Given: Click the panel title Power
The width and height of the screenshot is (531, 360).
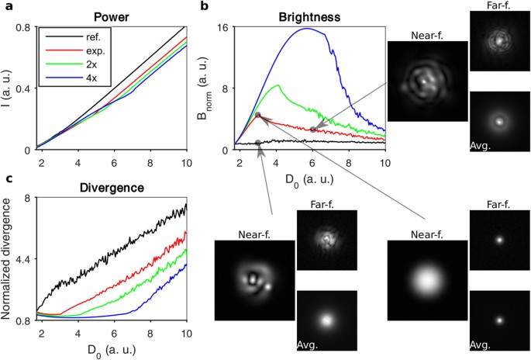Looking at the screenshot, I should (x=105, y=15).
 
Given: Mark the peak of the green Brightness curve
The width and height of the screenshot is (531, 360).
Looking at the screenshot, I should (x=277, y=85).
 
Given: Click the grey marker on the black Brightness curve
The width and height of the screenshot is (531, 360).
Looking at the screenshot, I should (x=258, y=143).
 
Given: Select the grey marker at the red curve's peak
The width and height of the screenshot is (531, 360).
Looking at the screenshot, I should (x=259, y=116).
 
